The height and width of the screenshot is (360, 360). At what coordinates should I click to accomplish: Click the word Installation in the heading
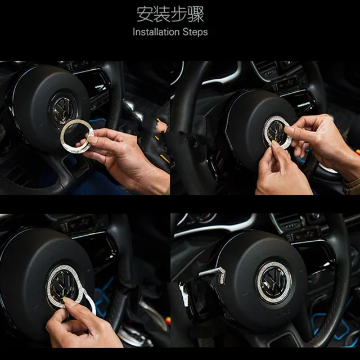155,32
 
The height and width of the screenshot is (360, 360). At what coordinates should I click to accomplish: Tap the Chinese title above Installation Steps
170,14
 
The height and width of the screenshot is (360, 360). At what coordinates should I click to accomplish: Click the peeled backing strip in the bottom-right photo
214,274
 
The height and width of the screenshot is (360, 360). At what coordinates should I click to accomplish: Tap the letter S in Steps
184,32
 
